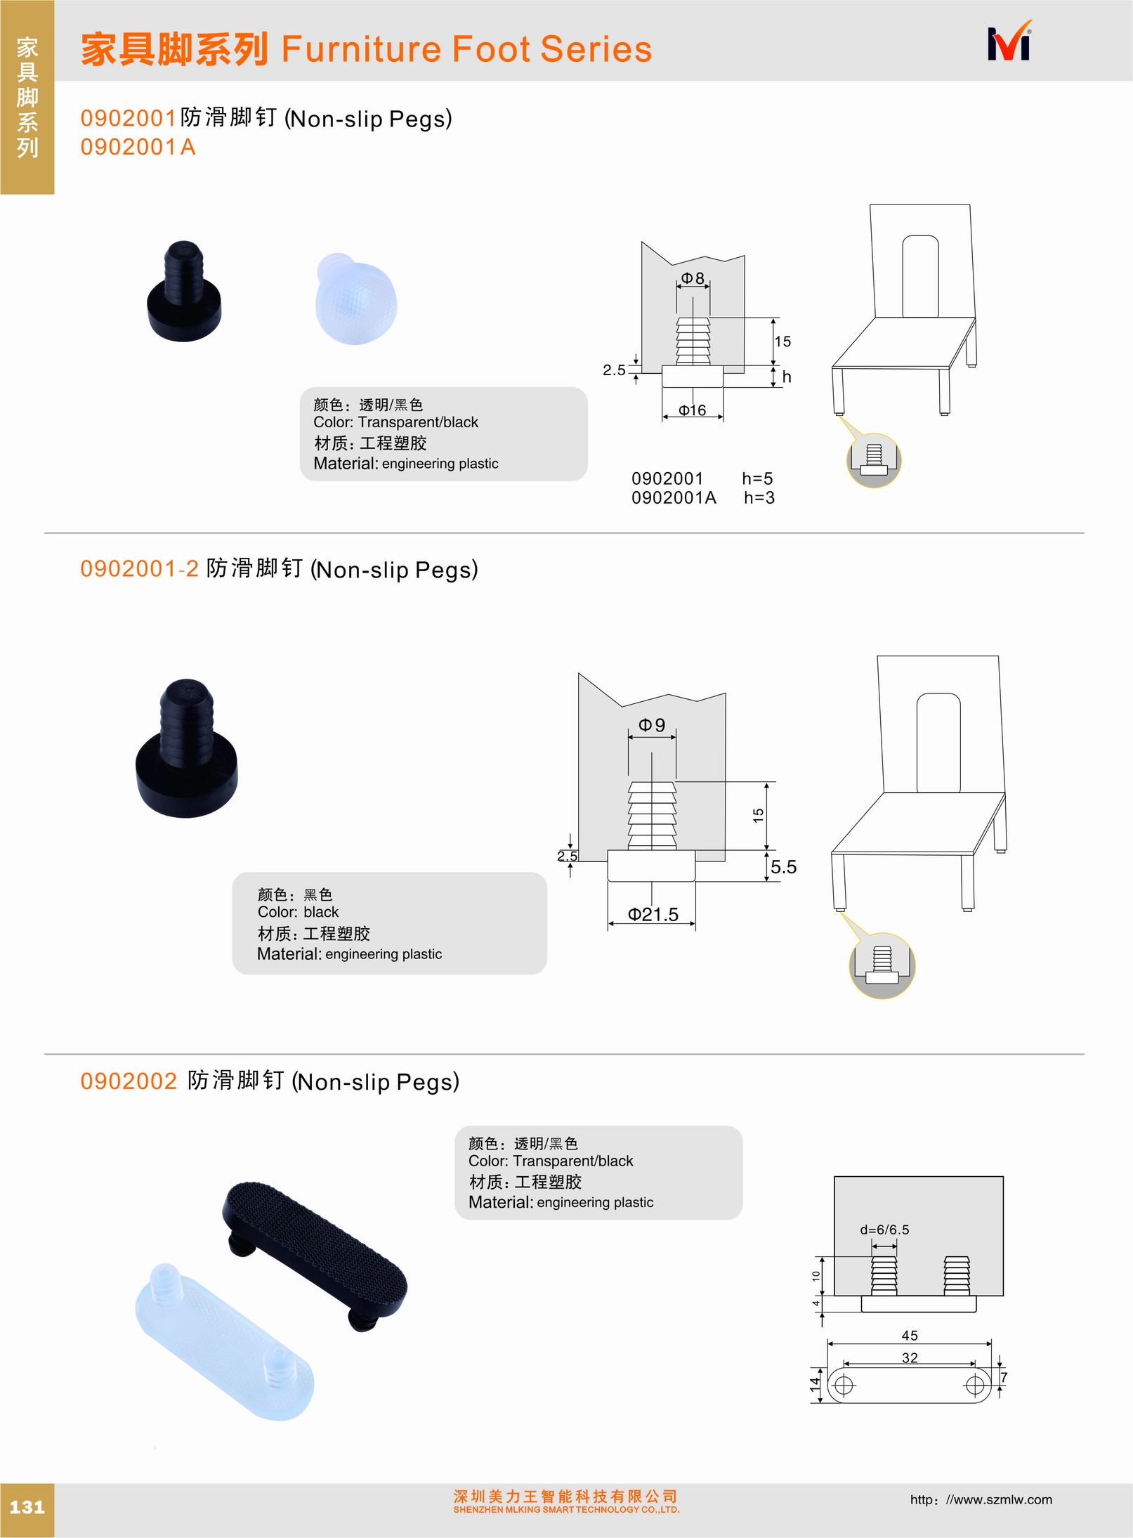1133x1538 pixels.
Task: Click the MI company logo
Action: tap(1009, 41)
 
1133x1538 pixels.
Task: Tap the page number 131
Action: tap(27, 1507)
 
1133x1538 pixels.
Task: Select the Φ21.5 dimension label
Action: tap(653, 914)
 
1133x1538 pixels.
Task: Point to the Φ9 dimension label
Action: tap(651, 724)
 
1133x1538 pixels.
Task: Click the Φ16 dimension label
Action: tap(692, 410)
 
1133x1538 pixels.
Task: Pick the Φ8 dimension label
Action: tap(693, 278)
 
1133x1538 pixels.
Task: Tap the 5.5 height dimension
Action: tap(783, 867)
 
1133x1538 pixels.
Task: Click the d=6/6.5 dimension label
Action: tap(884, 1230)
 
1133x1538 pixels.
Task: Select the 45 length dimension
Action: tap(910, 1335)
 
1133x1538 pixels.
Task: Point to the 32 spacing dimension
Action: tap(910, 1357)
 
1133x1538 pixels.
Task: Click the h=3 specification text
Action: tap(759, 497)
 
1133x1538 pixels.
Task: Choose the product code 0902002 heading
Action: tap(129, 1081)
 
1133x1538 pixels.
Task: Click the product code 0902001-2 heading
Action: tap(140, 568)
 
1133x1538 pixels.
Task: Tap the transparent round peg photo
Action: tap(356, 298)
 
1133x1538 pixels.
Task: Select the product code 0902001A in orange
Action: tap(138, 147)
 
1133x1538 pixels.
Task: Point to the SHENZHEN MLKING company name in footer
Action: tap(566, 1509)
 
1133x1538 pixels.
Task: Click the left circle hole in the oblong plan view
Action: tap(844, 1385)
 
